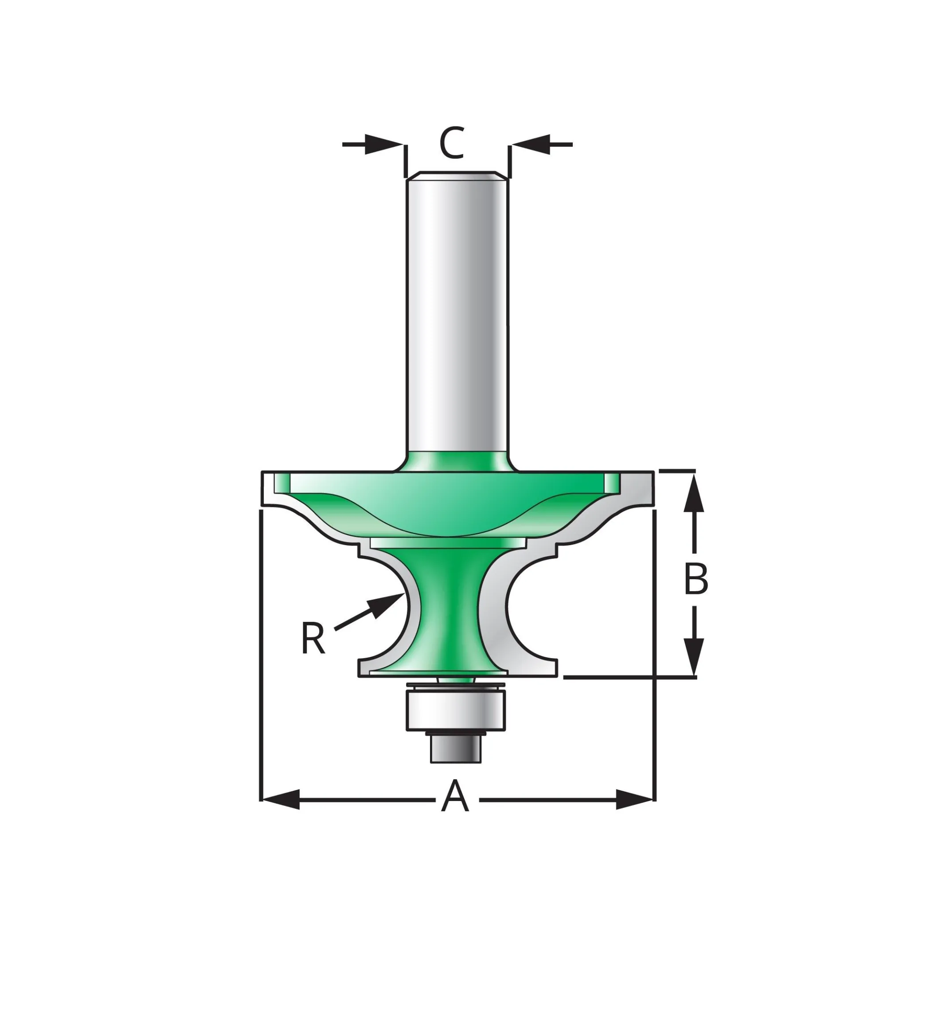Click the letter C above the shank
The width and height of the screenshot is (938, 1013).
[451, 143]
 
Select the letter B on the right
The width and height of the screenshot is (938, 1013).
[696, 579]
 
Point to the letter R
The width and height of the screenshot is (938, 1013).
[313, 638]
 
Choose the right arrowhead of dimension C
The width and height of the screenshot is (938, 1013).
[531, 145]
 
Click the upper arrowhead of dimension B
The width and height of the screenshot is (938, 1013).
[694, 491]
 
